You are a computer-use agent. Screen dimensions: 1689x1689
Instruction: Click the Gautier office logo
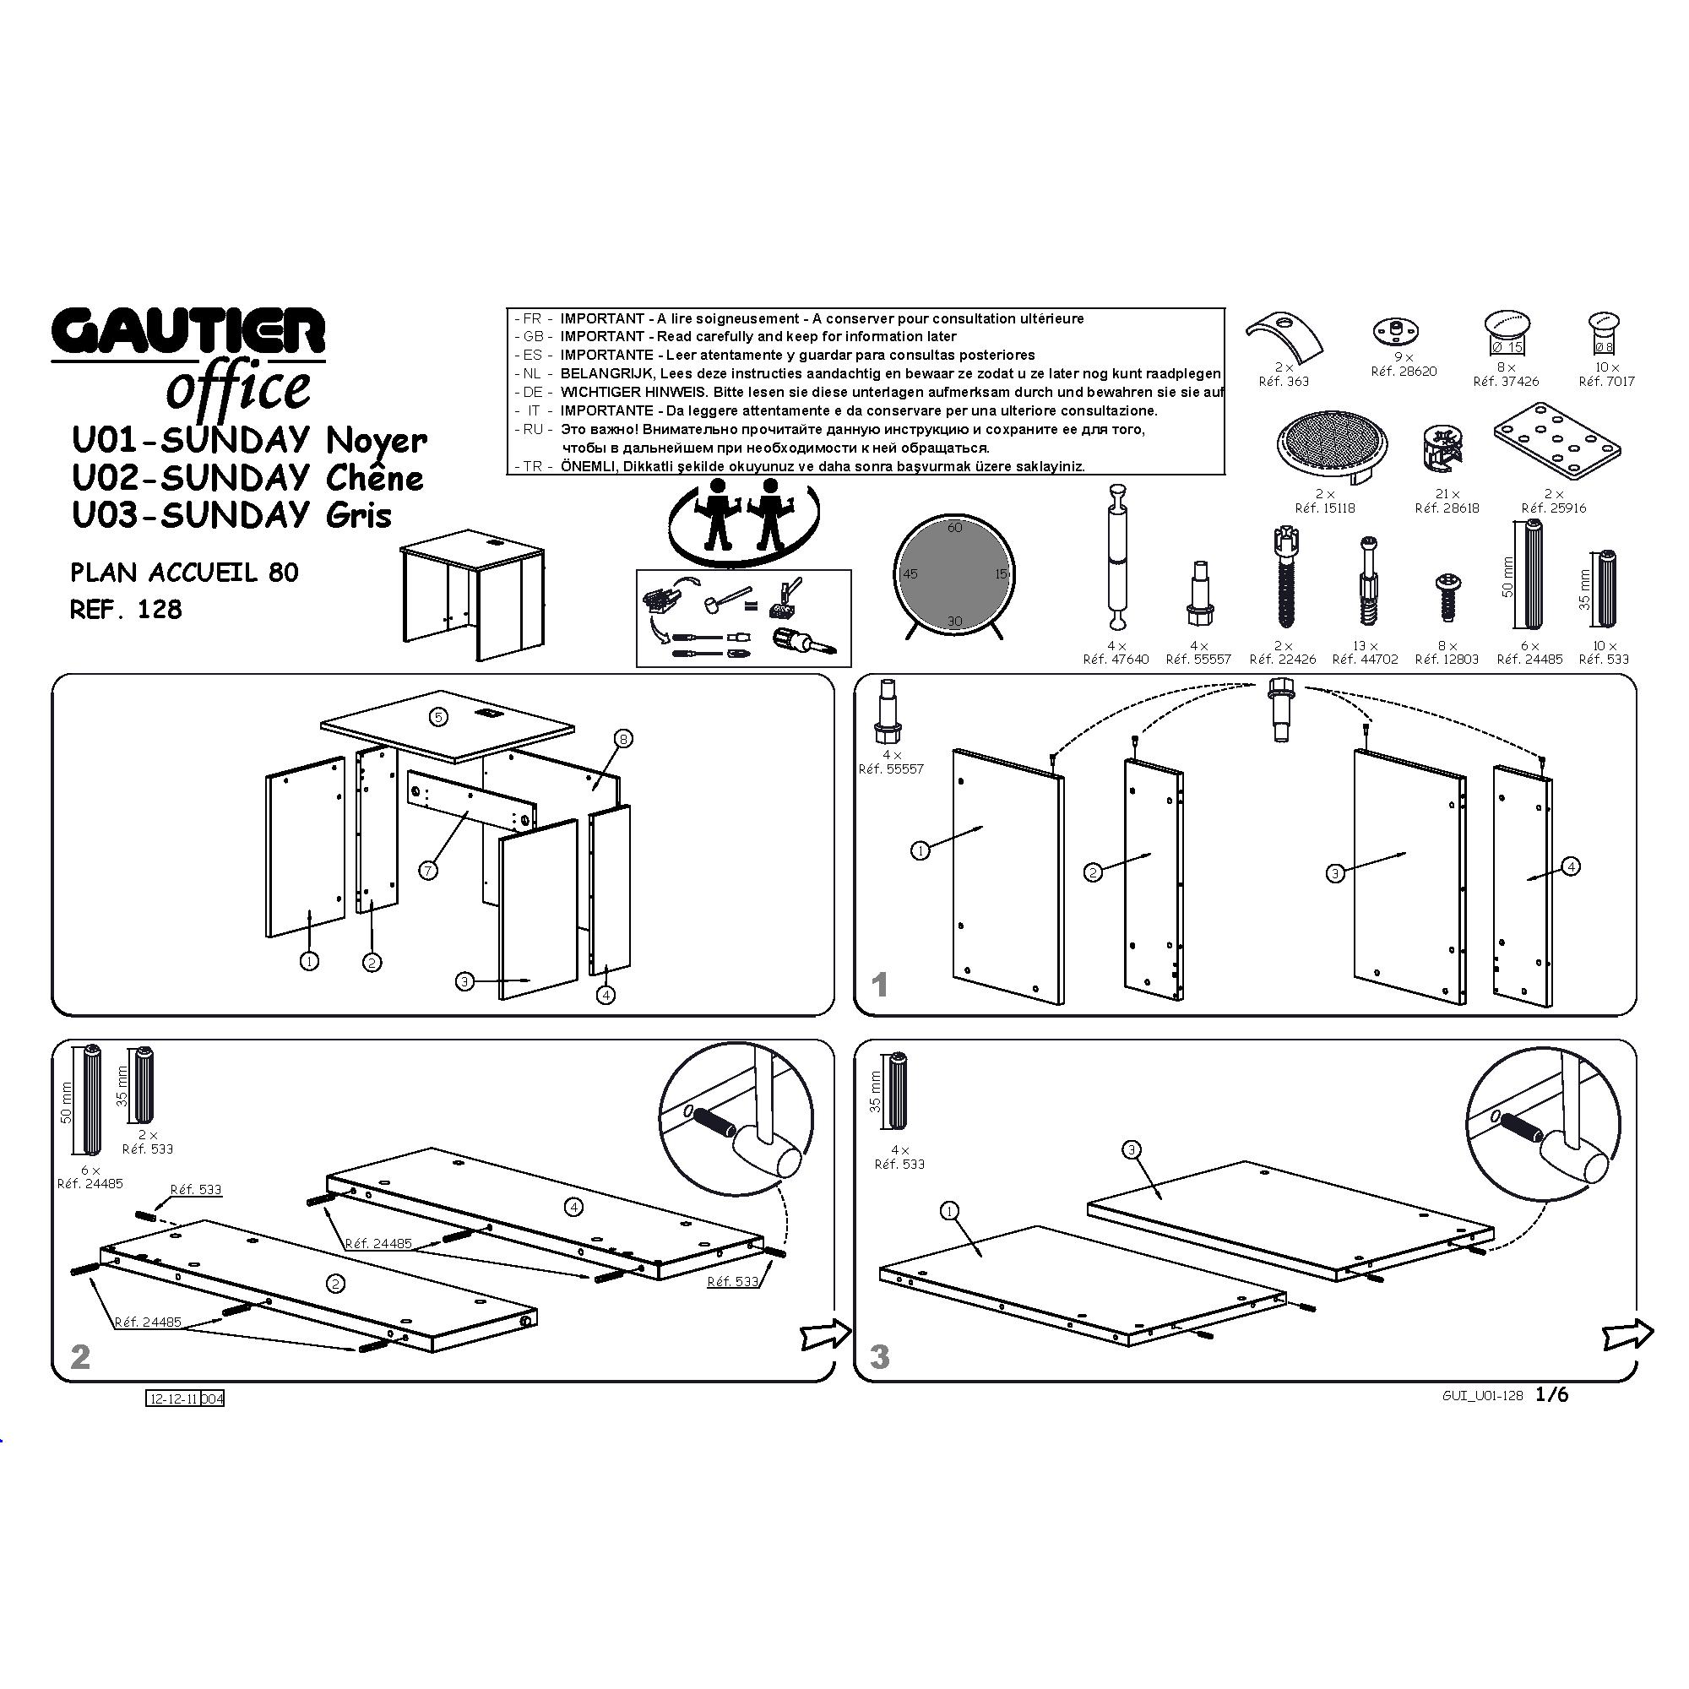pos(188,358)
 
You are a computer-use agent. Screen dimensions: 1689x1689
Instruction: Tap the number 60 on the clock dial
pos(954,527)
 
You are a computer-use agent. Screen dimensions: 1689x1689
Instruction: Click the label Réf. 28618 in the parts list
pos(1447,508)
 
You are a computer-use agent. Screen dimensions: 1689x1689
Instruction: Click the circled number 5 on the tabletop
pos(439,717)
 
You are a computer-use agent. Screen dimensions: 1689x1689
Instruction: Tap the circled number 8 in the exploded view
pos(623,740)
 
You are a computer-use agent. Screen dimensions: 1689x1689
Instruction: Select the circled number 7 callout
pos(428,871)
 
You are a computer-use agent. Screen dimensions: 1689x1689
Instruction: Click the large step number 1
pos(880,986)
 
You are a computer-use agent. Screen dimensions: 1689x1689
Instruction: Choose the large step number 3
pos(880,1358)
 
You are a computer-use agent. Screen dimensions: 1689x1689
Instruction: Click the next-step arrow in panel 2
pos(825,1334)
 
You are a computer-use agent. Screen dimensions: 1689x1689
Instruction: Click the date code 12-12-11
pos(174,1399)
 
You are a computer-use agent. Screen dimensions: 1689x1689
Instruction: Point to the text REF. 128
pos(126,610)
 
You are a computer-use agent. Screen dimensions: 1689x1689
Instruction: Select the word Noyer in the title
pos(376,442)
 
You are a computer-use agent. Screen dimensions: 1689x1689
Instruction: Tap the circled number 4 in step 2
pos(573,1208)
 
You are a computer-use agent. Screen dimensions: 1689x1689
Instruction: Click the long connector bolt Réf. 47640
pos(1117,556)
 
